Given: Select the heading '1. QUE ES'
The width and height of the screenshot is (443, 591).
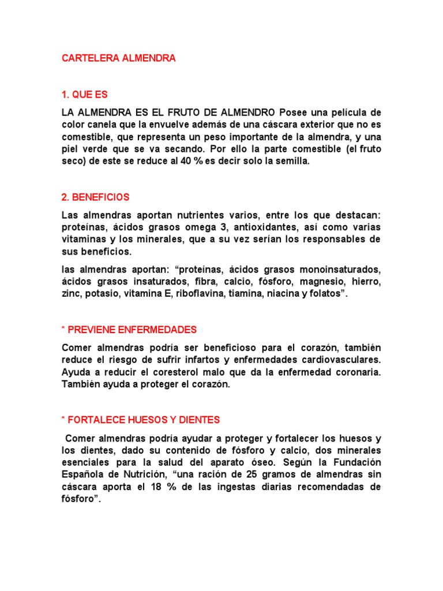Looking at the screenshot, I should pos(85,95).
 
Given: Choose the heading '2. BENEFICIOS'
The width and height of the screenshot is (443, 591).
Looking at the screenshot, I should pos(96,197).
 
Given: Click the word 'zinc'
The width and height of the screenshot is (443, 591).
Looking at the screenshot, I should pos(71,294).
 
